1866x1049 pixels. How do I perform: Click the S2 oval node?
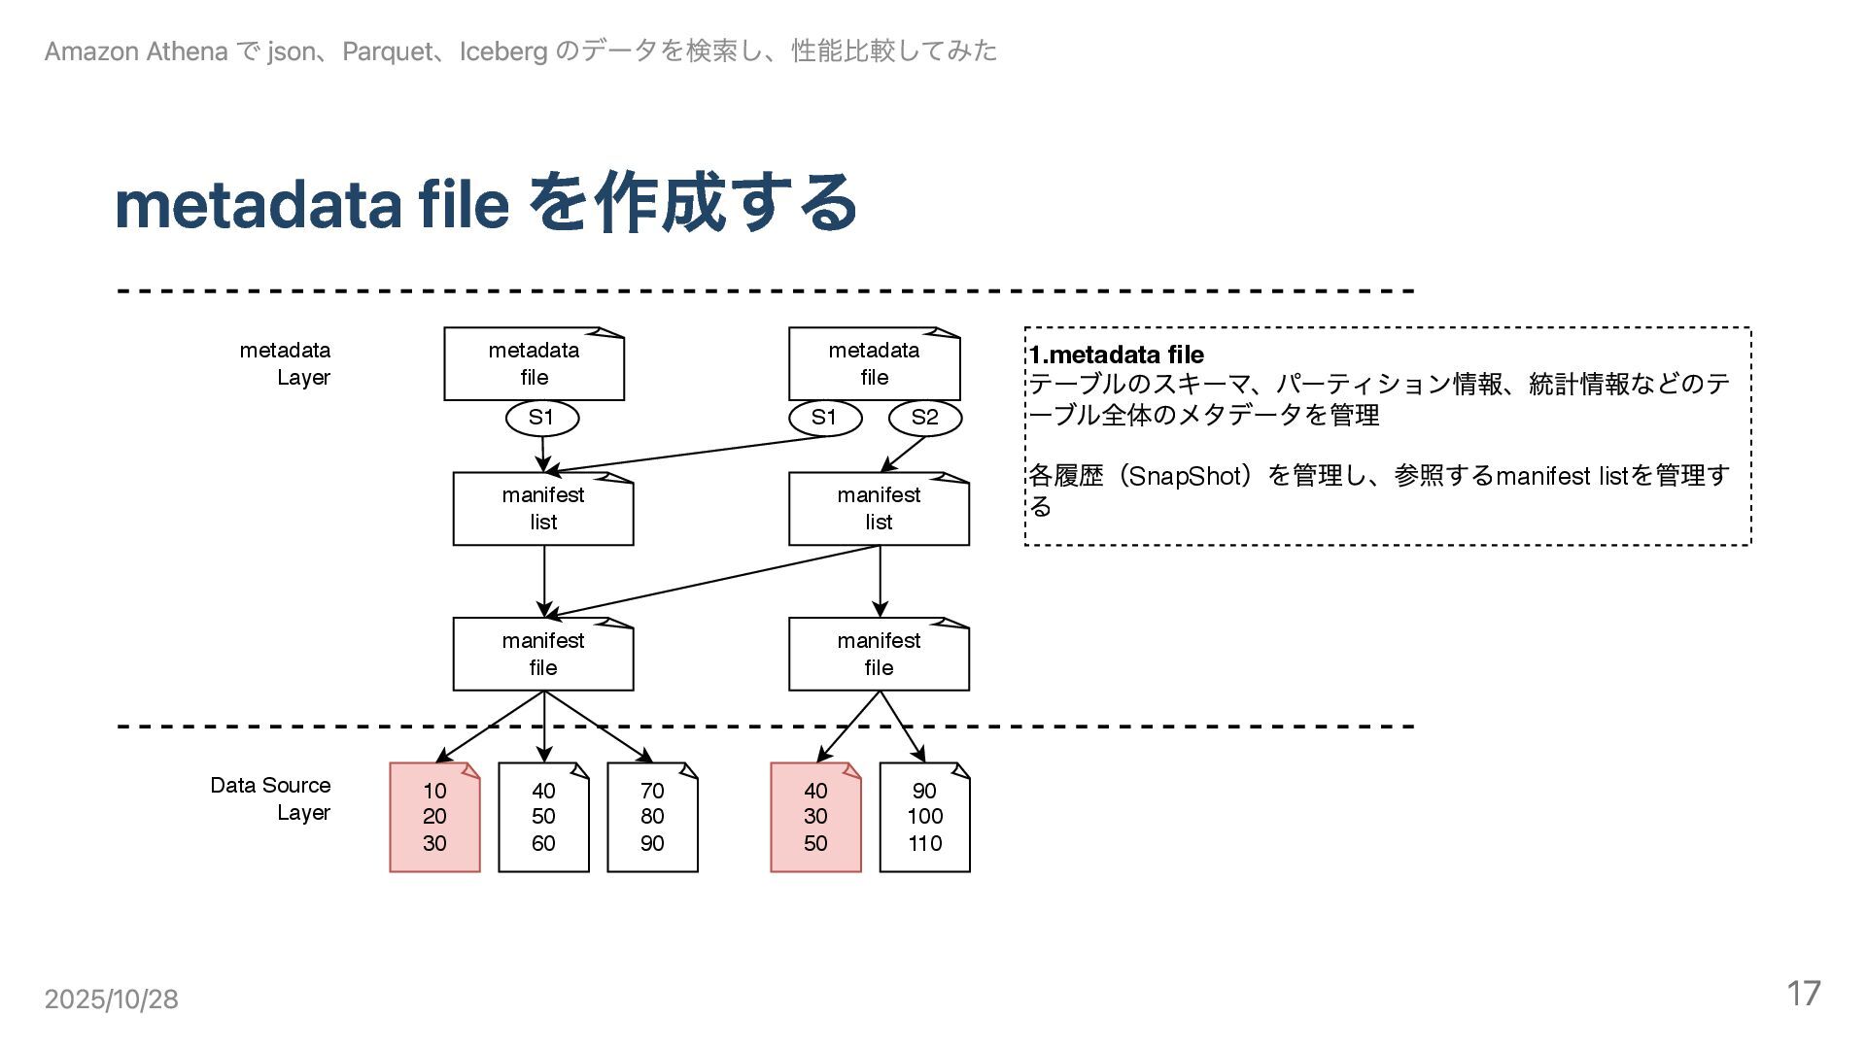924,418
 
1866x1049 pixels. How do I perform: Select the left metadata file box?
534,364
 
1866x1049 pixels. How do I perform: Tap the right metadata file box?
874,364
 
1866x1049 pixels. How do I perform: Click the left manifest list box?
543,509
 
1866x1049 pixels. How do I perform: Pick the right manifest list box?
879,509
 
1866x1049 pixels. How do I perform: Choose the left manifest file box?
543,655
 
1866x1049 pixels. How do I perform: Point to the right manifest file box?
879,655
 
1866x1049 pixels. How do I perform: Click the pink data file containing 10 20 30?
434,818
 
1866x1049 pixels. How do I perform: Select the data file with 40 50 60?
543,818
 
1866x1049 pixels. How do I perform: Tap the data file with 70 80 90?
652,818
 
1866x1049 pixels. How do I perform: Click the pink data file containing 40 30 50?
815,818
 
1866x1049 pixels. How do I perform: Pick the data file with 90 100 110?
924,818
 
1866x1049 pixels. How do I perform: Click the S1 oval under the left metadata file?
541,418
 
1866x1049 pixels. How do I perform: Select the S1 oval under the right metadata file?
824,418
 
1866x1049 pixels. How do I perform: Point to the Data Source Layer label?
271,798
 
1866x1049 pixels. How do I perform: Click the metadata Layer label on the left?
286,363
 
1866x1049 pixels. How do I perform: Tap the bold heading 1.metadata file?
1117,355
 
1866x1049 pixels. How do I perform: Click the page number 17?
1803,994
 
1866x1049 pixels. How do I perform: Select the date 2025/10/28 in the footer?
111,999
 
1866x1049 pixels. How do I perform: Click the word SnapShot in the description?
1183,476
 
